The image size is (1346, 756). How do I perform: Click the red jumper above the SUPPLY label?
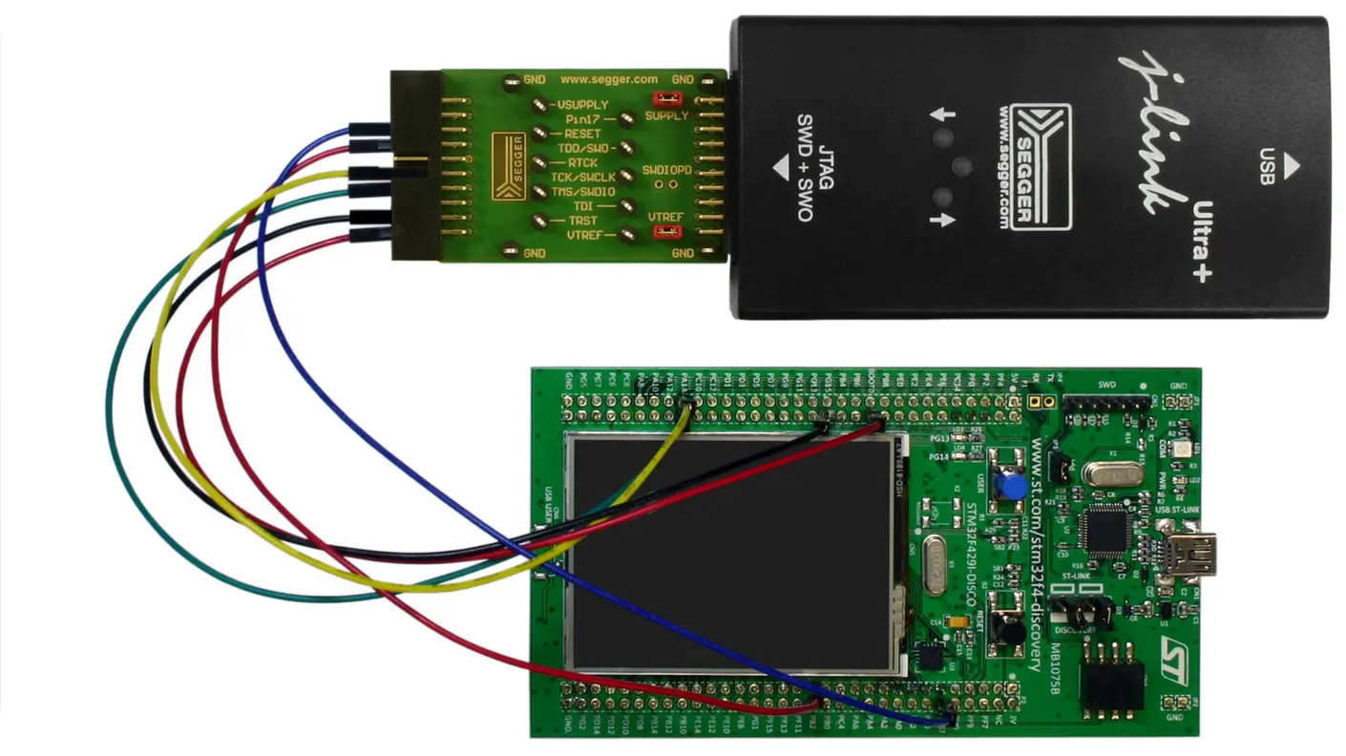tap(665, 98)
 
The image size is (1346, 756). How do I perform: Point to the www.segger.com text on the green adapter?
tap(608, 79)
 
